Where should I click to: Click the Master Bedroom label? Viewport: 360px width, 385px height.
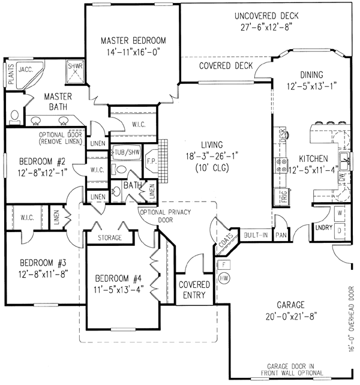coord(133,40)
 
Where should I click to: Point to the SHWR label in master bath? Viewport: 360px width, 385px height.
coord(74,67)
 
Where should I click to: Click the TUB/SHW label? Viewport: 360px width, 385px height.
coord(127,152)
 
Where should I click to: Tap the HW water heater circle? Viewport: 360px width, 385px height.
coord(225,278)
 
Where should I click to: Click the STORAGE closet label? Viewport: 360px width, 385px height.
coord(106,238)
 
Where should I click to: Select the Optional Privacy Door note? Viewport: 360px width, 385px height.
coord(158,216)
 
